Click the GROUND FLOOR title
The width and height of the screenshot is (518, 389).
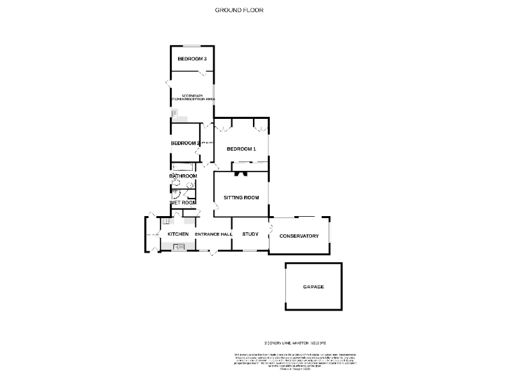coord(239,10)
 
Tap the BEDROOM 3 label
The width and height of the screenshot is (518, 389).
coord(192,59)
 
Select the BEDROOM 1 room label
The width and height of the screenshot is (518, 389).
coord(241,149)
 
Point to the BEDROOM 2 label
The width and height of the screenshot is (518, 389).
coord(185,143)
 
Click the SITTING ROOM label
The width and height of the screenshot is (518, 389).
coord(241,198)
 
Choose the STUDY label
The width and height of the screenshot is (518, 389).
coord(250,234)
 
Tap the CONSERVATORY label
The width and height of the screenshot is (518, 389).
coord(299,236)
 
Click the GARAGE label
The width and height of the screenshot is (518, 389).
coord(313,287)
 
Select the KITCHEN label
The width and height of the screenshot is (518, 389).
coord(178,234)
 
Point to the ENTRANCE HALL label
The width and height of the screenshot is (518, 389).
coord(214,234)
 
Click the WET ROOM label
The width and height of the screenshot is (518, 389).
coord(183,203)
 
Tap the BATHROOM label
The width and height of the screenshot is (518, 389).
coord(182,176)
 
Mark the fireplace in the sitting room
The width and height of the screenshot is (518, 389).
coord(241,174)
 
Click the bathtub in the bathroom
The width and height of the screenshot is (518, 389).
coord(183,166)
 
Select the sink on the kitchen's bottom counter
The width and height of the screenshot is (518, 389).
coord(179,247)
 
